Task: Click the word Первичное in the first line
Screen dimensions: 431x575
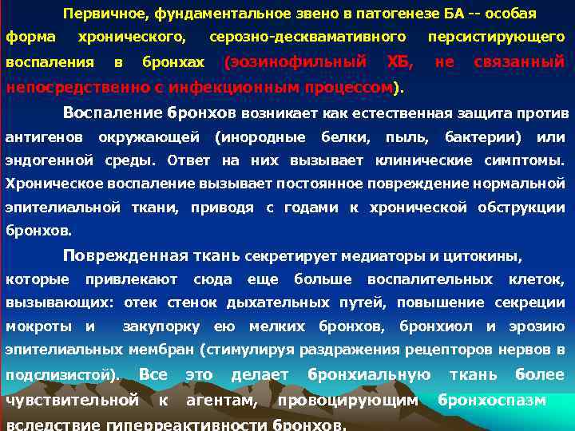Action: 97,14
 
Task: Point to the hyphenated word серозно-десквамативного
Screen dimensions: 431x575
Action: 307,38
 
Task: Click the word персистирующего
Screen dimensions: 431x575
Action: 496,38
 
